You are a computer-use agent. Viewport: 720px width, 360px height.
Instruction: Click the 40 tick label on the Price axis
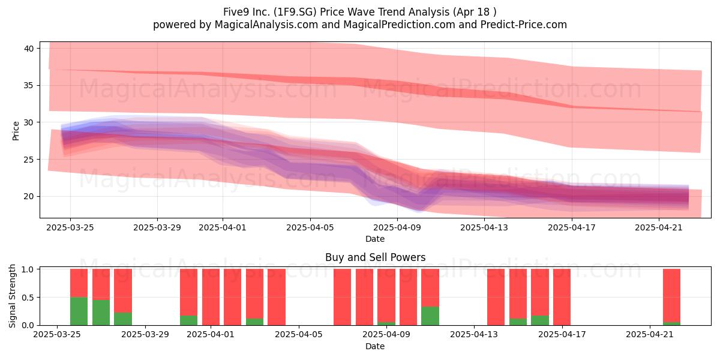click(29, 49)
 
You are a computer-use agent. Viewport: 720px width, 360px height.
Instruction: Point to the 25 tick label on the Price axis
click(29, 160)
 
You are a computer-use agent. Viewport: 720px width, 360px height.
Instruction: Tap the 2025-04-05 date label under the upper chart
click(310, 227)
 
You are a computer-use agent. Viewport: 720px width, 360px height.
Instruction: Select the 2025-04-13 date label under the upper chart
click(484, 227)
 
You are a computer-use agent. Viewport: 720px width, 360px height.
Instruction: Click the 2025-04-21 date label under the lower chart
click(650, 335)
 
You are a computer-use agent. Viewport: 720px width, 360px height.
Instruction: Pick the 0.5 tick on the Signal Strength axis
click(28, 298)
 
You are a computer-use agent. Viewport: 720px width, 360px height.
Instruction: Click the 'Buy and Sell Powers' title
click(375, 257)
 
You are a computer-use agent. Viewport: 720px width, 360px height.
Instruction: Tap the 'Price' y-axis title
click(16, 131)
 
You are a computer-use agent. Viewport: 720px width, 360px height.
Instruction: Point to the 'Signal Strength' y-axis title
click(12, 296)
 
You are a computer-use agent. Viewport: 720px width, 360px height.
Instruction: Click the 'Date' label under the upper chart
click(375, 239)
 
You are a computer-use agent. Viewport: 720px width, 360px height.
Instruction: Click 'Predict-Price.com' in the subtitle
click(524, 25)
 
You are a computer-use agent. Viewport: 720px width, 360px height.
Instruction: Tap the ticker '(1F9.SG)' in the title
click(296, 12)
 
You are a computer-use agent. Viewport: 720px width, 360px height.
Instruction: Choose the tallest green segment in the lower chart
click(79, 311)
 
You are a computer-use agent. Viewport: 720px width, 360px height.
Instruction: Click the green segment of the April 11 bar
click(430, 316)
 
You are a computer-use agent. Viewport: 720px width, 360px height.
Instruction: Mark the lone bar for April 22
click(671, 297)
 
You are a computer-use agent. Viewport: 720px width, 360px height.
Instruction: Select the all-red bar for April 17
click(562, 297)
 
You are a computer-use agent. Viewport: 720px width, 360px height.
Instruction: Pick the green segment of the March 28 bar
click(123, 319)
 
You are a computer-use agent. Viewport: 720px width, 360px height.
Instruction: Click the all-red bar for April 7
click(343, 297)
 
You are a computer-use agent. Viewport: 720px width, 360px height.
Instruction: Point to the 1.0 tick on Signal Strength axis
click(28, 269)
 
